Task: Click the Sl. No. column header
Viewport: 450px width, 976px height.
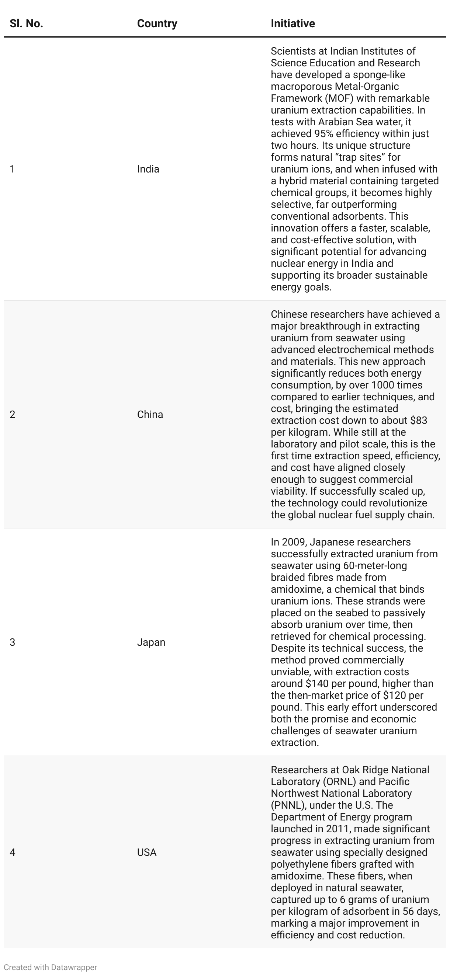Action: click(26, 24)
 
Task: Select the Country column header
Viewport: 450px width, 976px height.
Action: click(157, 24)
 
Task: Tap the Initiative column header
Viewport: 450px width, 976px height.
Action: click(292, 24)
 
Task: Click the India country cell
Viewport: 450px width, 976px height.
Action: click(148, 169)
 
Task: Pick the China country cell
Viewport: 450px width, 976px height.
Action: click(150, 415)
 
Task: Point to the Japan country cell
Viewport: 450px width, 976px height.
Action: click(151, 642)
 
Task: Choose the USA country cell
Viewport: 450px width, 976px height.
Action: click(147, 852)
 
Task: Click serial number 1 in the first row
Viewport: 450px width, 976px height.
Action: click(13, 169)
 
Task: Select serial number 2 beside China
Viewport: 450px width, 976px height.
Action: click(13, 415)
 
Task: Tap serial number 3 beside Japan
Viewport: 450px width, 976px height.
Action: click(13, 642)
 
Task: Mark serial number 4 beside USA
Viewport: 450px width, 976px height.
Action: click(13, 852)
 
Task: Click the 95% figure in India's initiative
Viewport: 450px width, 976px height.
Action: click(323, 134)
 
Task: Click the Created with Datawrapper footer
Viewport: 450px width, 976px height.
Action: click(50, 967)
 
